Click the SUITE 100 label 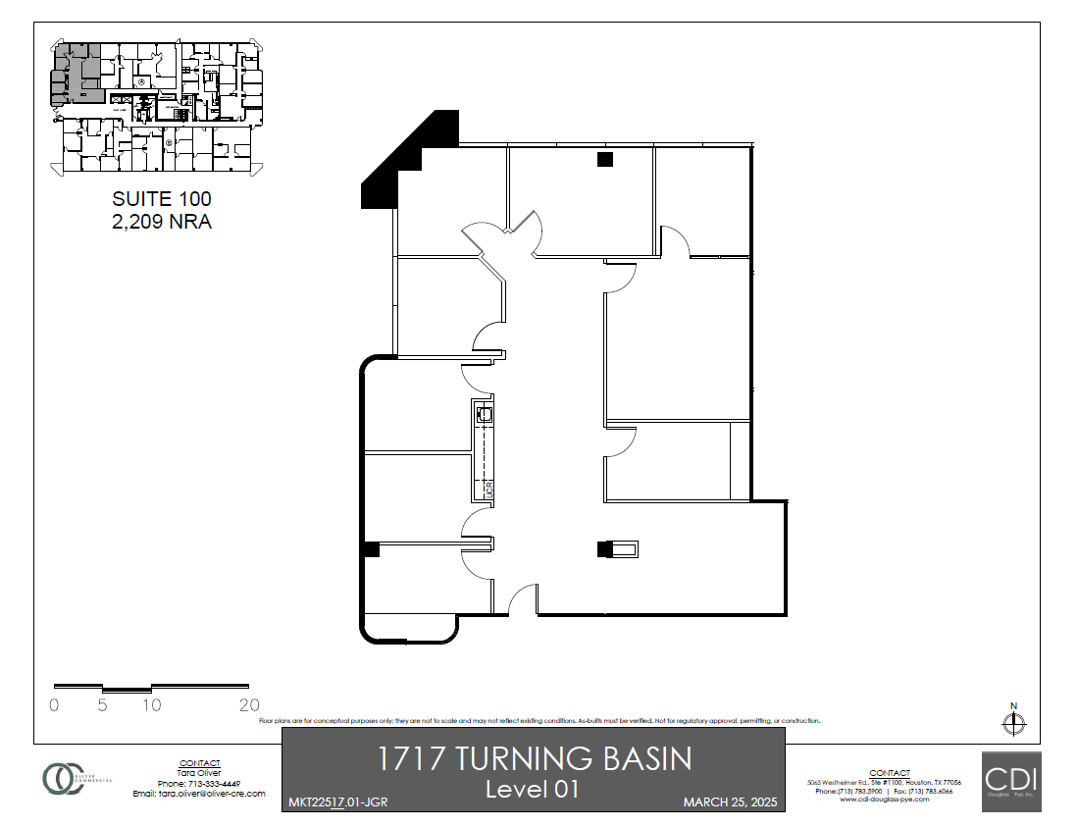[162, 199]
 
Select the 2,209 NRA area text [162, 222]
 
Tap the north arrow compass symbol [1013, 723]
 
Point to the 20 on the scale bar [249, 704]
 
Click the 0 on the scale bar [54, 704]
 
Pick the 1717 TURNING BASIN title [535, 758]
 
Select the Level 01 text [535, 788]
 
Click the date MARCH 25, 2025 [729, 802]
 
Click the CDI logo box [1011, 781]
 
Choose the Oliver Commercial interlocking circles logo [63, 778]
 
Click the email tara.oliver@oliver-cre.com [200, 793]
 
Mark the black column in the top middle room [605, 159]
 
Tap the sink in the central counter [484, 416]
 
